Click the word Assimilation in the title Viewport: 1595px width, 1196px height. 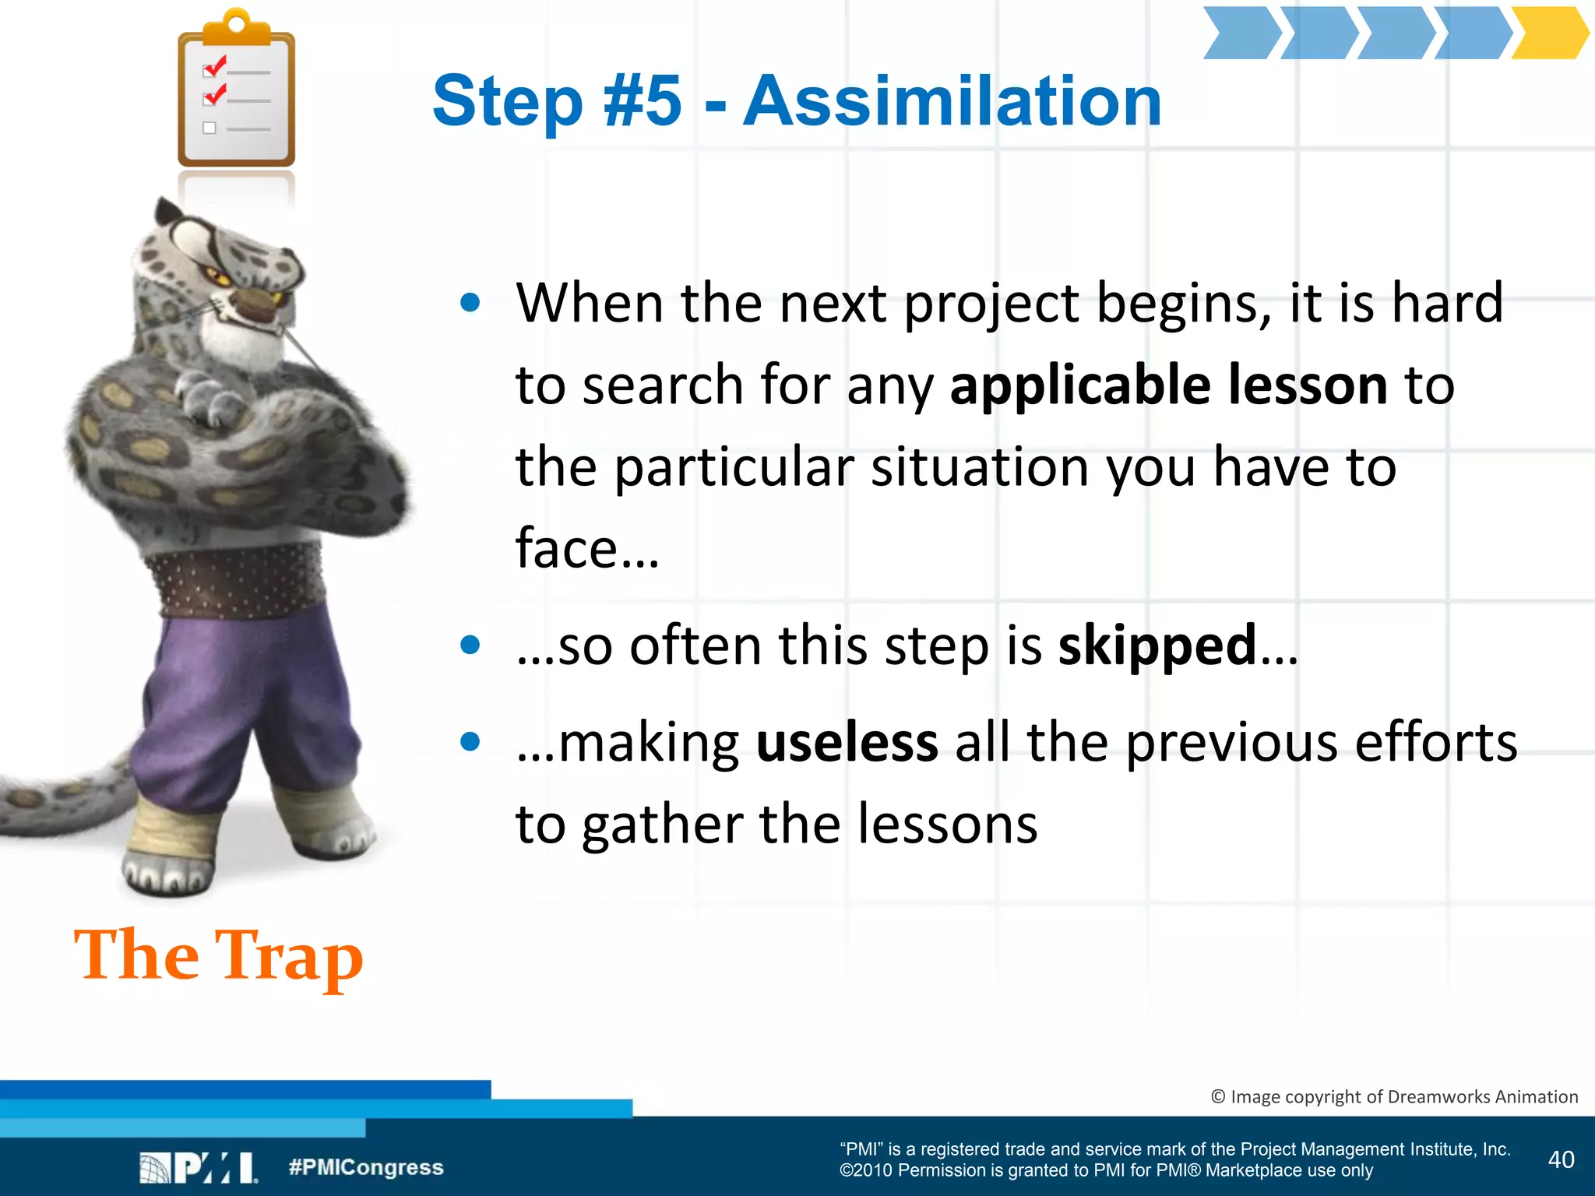click(952, 101)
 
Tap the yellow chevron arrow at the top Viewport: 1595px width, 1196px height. click(1548, 33)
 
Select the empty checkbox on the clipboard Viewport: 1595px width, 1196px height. click(209, 128)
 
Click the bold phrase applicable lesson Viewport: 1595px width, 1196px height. click(1168, 385)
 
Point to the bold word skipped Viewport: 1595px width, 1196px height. click(1157, 645)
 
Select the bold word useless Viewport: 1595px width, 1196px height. click(847, 742)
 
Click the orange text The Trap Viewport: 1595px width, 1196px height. click(219, 955)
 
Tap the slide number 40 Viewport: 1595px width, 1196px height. click(1561, 1159)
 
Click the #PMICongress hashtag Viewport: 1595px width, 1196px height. click(366, 1167)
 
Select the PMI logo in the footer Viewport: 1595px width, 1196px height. click(199, 1168)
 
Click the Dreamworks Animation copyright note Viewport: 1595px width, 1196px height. click(1394, 1096)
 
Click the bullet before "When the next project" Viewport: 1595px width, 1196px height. click(470, 302)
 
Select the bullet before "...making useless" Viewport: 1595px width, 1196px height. click(470, 742)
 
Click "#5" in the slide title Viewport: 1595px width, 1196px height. click(643, 101)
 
